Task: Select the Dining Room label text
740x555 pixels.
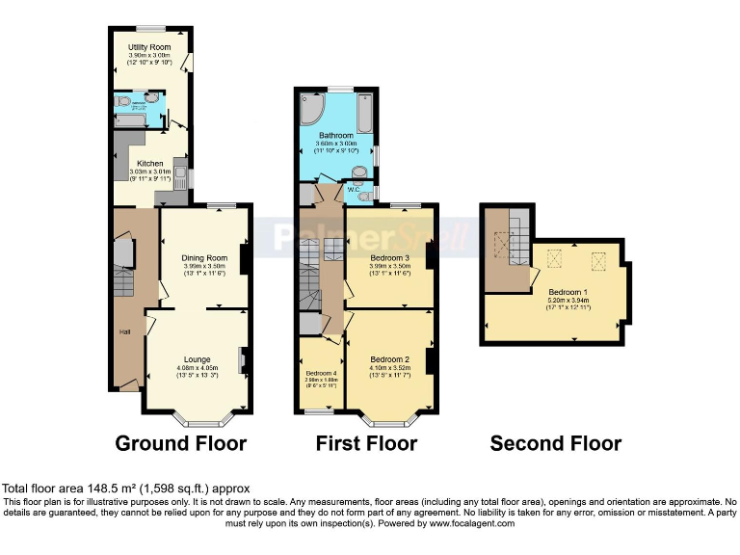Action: [204, 257]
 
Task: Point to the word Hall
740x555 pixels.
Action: [124, 332]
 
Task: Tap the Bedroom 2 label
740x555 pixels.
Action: [390, 358]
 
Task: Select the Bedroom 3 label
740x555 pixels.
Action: [390, 258]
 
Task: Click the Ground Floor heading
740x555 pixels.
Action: [181, 444]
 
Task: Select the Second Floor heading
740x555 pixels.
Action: [556, 444]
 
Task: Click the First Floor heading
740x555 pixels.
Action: [366, 444]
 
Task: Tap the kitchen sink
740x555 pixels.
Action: [179, 169]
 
